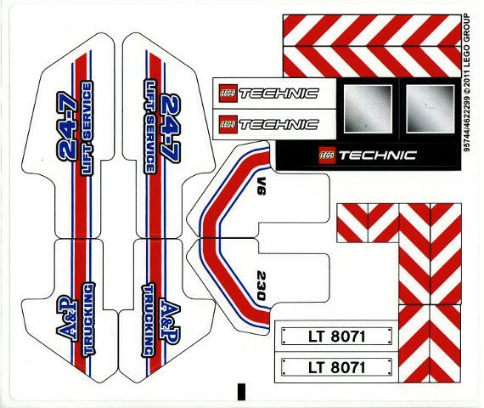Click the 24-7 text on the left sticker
[67, 128]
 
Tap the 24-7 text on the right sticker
[170, 128]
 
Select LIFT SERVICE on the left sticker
[86, 128]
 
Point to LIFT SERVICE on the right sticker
[150, 127]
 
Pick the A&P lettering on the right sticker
[170, 322]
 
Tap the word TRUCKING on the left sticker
[89, 319]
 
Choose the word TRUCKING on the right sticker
[148, 320]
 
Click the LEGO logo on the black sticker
[327, 155]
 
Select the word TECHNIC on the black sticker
[378, 156]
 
